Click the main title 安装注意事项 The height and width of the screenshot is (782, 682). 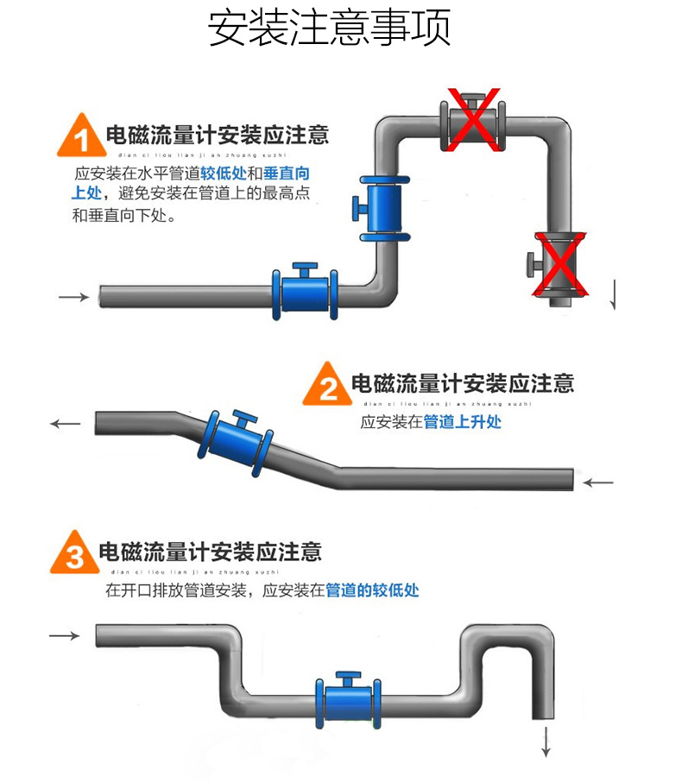click(x=330, y=28)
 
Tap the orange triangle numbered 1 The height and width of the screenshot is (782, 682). click(x=79, y=138)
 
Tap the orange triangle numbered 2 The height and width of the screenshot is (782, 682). click(x=328, y=387)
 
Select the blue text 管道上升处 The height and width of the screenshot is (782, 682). click(x=462, y=422)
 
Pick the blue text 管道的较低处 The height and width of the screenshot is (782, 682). click(x=371, y=590)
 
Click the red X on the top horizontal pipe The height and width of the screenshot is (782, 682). click(x=471, y=120)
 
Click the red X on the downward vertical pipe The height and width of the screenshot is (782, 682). click(x=559, y=264)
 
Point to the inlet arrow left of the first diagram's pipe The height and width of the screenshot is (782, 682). click(x=74, y=297)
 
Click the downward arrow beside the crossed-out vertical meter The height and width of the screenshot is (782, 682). click(x=613, y=295)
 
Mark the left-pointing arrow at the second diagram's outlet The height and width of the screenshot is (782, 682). click(x=66, y=424)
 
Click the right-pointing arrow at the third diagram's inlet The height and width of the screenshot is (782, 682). click(x=65, y=636)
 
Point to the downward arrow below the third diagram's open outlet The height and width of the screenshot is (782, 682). click(x=546, y=741)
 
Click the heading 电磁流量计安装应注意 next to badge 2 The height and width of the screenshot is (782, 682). click(x=462, y=383)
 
